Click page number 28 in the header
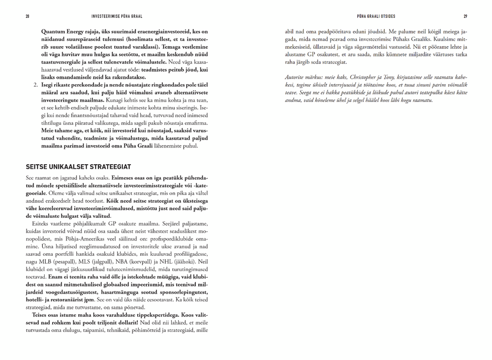tap(28, 16)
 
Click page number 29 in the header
tap(465, 16)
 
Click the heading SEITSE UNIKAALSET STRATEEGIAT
tap(78, 167)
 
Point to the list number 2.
tap(35, 85)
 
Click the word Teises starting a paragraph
tap(41, 314)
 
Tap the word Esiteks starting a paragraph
tap(42, 222)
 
